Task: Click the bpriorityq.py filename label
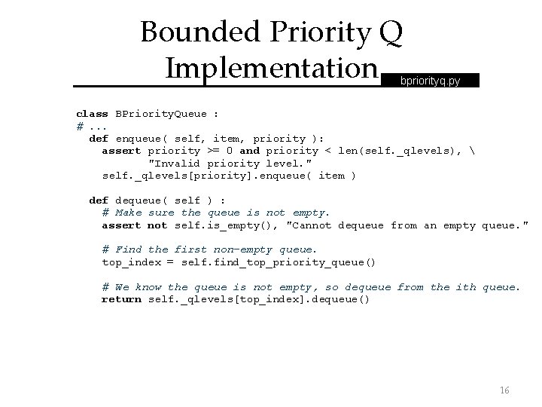[431, 79]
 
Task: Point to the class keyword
[92, 114]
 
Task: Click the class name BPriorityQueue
[160, 114]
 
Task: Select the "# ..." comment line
[92, 126]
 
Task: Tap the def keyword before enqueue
[99, 139]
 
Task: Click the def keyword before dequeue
[99, 200]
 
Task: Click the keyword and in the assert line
[249, 151]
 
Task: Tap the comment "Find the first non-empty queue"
[210, 249]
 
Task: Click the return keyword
[121, 299]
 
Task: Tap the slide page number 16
[504, 390]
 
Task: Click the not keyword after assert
[157, 225]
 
